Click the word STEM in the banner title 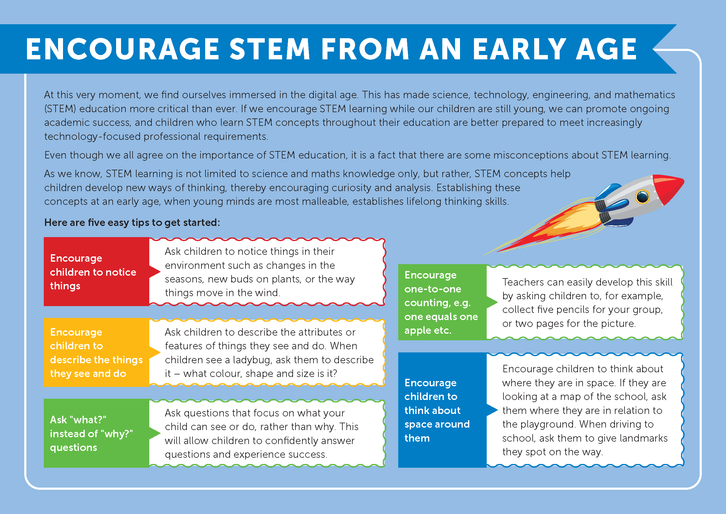tap(270, 49)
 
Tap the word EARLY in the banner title tap(519, 49)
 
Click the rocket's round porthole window tap(642, 197)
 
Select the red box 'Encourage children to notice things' tap(97, 272)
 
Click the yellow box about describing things tap(97, 352)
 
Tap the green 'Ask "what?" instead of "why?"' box tap(97, 433)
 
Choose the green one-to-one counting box tap(442, 302)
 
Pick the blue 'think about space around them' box tap(442, 410)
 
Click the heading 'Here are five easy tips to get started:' tap(132, 223)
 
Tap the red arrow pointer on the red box tap(155, 272)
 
